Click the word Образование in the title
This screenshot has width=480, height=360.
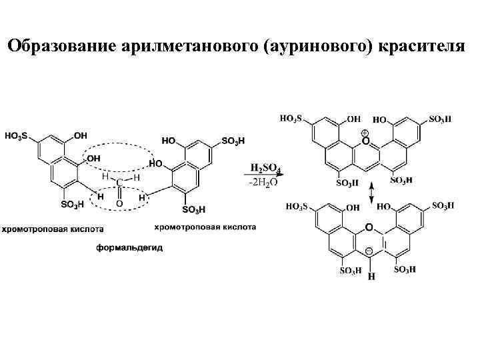60,46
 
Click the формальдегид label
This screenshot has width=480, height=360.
129,248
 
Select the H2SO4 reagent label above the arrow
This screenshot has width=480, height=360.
265,168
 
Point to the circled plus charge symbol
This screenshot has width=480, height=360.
365,133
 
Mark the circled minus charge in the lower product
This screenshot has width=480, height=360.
369,251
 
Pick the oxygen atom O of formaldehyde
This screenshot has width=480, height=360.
119,202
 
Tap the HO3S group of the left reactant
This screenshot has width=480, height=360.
16,136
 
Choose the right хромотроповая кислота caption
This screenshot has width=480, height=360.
205,227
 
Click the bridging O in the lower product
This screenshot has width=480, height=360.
369,228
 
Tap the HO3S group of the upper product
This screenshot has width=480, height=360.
291,119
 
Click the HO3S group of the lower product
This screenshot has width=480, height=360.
297,207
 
